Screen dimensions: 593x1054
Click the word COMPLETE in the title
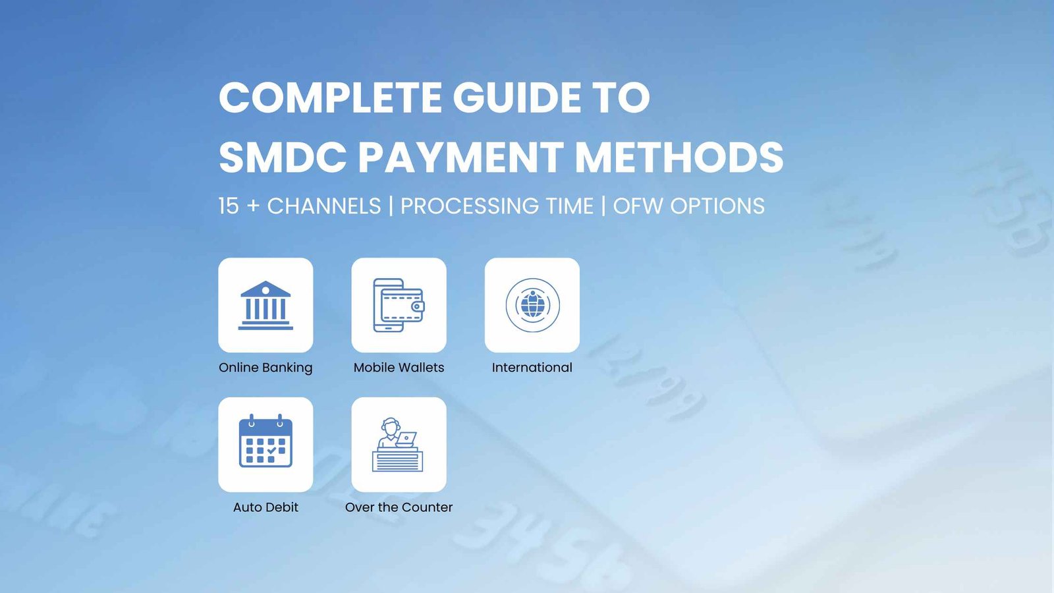pos(330,98)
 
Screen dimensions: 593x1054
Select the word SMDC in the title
pos(283,157)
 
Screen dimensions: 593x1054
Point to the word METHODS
pos(679,157)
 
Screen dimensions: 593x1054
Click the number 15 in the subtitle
pos(229,206)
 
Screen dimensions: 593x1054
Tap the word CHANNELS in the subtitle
pos(323,206)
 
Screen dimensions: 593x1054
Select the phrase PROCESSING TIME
pos(497,206)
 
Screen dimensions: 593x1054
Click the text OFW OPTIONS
pos(688,206)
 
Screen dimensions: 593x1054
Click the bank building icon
pos(265,305)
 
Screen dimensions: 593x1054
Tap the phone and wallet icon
pos(399,305)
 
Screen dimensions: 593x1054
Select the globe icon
pos(532,305)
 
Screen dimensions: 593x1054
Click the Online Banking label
pos(265,368)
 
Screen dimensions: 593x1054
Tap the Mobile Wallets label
pos(399,368)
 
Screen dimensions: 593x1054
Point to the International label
pos(532,368)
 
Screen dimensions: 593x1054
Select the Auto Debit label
pos(265,507)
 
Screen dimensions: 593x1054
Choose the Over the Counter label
pos(399,507)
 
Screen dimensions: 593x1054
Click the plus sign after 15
pos(253,206)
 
